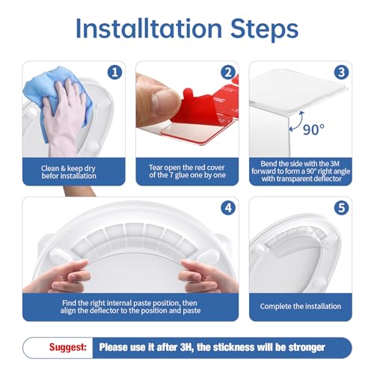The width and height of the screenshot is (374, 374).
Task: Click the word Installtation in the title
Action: click(x=147, y=29)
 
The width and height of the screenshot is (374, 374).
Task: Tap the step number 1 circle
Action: click(x=114, y=73)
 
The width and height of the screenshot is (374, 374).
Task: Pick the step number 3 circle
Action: click(x=340, y=73)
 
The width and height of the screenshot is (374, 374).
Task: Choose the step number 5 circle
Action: click(x=340, y=209)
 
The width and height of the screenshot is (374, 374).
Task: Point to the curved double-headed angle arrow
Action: click(x=295, y=120)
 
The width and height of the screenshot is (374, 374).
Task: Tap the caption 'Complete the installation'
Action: click(x=300, y=306)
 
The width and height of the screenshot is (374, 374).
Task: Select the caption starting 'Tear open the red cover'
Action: click(x=186, y=168)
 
